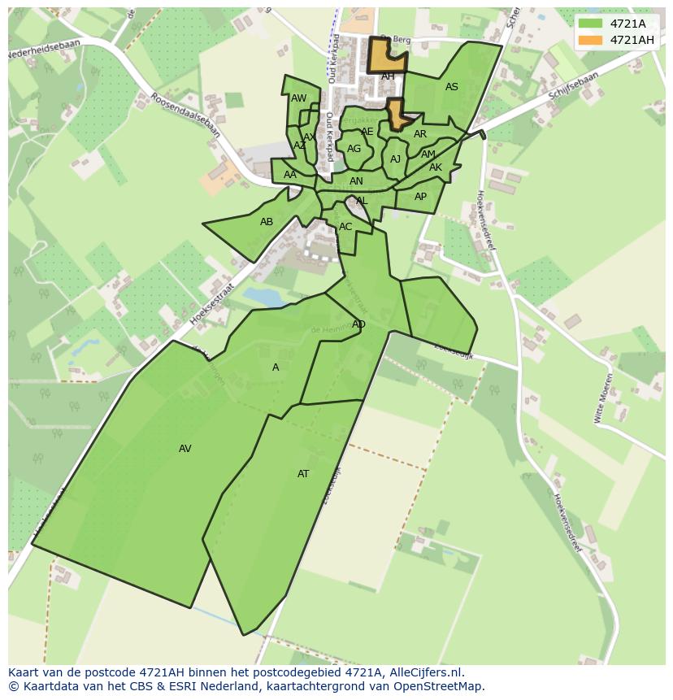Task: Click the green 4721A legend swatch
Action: tap(591, 24)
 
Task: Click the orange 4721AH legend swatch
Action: tap(591, 40)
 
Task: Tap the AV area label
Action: tap(185, 449)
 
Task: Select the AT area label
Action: tap(303, 474)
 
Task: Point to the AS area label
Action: tap(452, 87)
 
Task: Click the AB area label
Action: tap(267, 222)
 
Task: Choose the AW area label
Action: tap(299, 98)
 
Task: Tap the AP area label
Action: tap(420, 197)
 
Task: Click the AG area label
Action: tap(354, 149)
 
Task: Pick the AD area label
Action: tap(358, 324)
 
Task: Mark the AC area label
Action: tap(345, 227)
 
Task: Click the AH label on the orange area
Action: tap(388, 76)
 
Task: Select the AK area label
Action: tap(436, 167)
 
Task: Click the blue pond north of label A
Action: tap(264, 298)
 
